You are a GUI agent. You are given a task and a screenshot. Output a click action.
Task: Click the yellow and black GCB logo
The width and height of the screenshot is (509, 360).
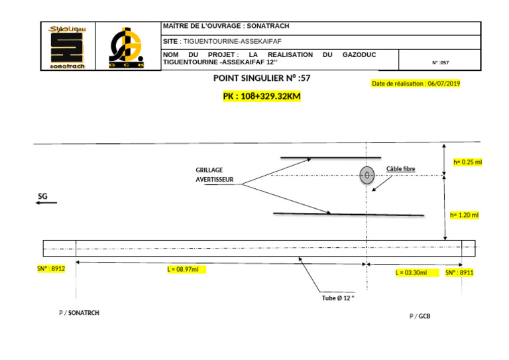pyautogui.click(x=126, y=47)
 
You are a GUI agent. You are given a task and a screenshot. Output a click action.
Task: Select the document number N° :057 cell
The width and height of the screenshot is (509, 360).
pyautogui.click(x=440, y=63)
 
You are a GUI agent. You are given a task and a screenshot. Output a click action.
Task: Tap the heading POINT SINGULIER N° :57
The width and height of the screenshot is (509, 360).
pyautogui.click(x=261, y=78)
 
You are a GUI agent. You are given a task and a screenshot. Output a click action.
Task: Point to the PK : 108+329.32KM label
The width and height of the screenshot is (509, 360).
pyautogui.click(x=261, y=96)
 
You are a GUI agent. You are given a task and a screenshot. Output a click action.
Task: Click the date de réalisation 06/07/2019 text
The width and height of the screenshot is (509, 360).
pyautogui.click(x=416, y=84)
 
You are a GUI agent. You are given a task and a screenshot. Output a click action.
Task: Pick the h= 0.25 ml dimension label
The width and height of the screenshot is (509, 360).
pyautogui.click(x=467, y=162)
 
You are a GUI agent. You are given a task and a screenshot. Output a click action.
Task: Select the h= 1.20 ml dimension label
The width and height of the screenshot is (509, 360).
pyautogui.click(x=464, y=215)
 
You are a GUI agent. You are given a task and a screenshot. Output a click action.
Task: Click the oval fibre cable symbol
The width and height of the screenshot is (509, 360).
pyautogui.click(x=367, y=176)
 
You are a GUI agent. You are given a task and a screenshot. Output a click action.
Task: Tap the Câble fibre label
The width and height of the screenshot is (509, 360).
pyautogui.click(x=400, y=169)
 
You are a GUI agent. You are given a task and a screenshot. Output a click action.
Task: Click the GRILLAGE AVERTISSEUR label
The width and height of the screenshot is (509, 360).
pyautogui.click(x=214, y=175)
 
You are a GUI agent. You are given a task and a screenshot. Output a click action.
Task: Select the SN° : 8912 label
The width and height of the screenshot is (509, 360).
pyautogui.click(x=51, y=269)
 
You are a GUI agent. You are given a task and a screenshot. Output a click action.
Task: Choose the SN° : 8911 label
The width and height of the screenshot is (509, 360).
pyautogui.click(x=459, y=272)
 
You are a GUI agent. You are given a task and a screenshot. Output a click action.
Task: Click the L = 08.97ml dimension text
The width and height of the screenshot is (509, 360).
pyautogui.click(x=183, y=270)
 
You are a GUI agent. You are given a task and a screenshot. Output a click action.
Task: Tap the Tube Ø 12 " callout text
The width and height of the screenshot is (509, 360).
pyautogui.click(x=338, y=298)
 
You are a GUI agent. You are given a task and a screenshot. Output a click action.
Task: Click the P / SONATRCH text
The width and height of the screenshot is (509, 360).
pyautogui.click(x=79, y=312)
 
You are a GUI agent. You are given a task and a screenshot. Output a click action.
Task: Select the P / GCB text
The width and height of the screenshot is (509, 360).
pyautogui.click(x=420, y=316)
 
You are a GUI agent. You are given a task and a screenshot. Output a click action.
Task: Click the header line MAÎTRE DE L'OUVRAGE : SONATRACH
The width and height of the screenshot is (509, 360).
pyautogui.click(x=226, y=27)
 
